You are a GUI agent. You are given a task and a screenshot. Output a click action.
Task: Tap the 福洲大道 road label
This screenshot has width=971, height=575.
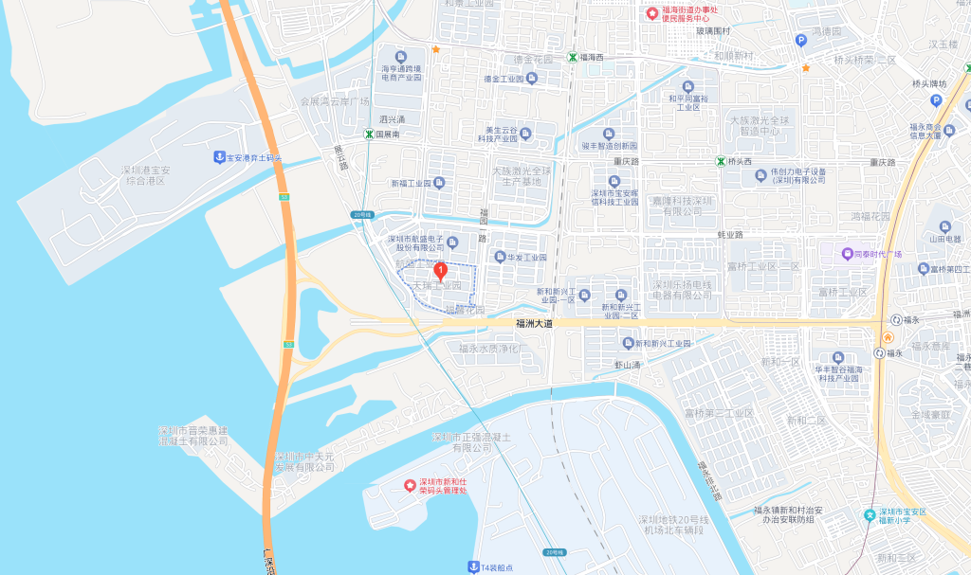click(x=534, y=323)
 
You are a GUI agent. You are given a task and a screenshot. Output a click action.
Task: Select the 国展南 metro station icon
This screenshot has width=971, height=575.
click(x=369, y=135)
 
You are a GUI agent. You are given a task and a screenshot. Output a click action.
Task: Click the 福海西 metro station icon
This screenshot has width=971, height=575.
click(x=573, y=57)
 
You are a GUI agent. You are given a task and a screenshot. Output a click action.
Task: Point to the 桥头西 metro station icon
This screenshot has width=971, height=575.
click(x=720, y=161)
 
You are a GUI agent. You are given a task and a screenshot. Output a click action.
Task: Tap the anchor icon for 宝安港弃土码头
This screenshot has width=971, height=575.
click(x=218, y=156)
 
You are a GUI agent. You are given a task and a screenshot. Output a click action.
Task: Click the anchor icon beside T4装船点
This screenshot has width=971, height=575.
click(x=473, y=566)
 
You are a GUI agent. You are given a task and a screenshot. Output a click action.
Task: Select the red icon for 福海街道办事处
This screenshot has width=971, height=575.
click(x=651, y=13)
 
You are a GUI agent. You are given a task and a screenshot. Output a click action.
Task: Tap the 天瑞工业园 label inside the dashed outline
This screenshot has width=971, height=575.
click(x=436, y=285)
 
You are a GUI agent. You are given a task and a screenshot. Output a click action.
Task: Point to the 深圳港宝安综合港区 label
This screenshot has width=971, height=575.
click(x=145, y=175)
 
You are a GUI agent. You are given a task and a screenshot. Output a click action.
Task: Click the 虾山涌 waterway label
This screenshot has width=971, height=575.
click(x=628, y=365)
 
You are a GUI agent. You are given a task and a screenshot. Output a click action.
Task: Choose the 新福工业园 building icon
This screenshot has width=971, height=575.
click(x=438, y=183)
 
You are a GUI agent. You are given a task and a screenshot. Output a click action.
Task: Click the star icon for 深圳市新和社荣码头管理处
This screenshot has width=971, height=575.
click(x=410, y=486)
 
